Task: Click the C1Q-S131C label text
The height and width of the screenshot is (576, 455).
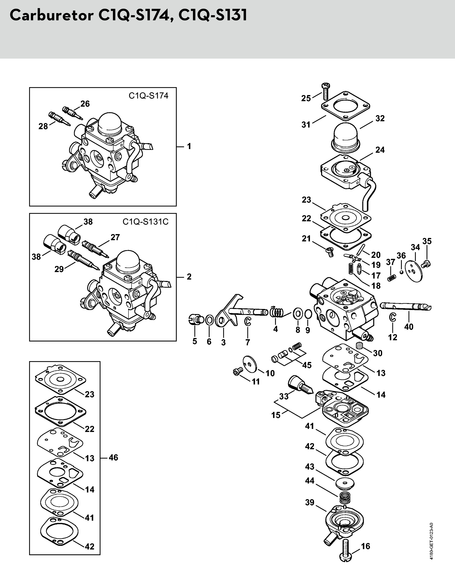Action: tap(145, 222)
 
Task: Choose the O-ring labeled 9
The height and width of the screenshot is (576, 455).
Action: tap(308, 314)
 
